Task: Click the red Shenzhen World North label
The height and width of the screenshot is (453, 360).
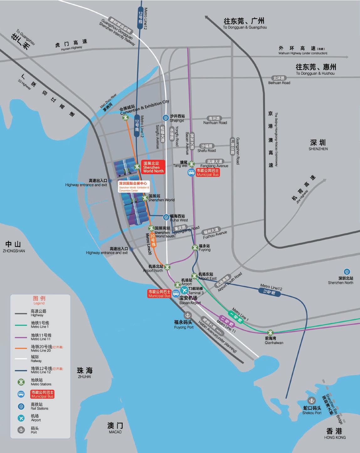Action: [x=153, y=167]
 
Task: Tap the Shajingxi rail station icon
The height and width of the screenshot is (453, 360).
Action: [x=166, y=118]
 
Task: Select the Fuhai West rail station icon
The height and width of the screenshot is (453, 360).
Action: [x=166, y=217]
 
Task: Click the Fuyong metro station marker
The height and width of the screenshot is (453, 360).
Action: [x=195, y=247]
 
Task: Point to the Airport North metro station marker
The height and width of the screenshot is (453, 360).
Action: [x=167, y=267]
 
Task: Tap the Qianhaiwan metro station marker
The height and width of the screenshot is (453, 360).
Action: [x=270, y=333]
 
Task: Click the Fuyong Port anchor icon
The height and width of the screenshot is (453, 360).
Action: [x=187, y=315]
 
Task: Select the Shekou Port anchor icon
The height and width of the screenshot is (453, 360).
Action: [x=311, y=400]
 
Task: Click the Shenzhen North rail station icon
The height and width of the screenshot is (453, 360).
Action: [x=347, y=272]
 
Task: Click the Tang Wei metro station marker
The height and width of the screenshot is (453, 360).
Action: [x=191, y=164]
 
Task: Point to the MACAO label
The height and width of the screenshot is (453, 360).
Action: [x=115, y=428]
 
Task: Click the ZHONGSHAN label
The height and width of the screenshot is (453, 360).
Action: [x=13, y=247]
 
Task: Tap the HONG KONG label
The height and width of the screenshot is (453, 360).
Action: [x=335, y=433]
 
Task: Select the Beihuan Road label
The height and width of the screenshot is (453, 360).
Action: [x=279, y=80]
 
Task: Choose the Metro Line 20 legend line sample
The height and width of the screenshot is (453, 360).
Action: [x=21, y=348]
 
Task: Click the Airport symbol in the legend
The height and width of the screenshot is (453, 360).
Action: [x=21, y=418]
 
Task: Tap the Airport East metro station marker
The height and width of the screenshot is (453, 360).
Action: [x=194, y=276]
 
